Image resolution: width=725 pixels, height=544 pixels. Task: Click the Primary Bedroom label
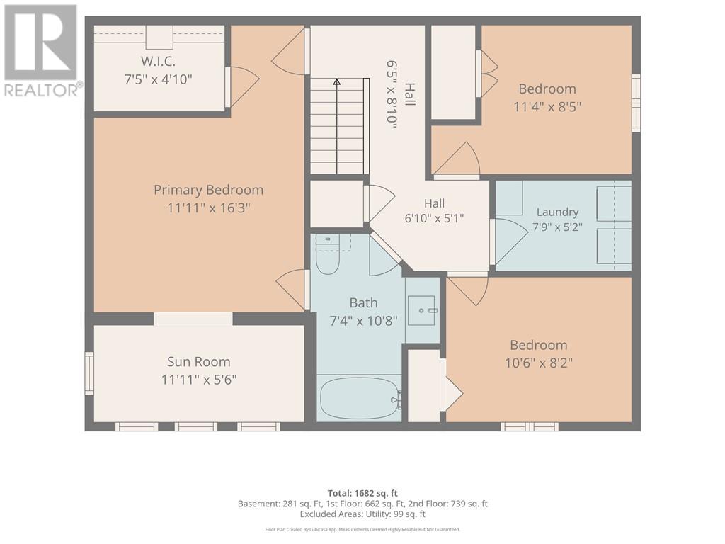click(x=209, y=190)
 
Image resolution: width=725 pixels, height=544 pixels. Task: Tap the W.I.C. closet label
click(x=158, y=61)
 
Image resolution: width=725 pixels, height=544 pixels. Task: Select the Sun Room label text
click(x=199, y=362)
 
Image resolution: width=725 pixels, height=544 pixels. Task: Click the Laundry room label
click(x=558, y=212)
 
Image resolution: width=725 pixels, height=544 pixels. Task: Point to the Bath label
click(x=363, y=303)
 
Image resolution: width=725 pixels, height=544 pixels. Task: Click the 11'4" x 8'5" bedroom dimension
click(x=547, y=107)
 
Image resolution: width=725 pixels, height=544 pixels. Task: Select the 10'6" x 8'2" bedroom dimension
click(x=539, y=363)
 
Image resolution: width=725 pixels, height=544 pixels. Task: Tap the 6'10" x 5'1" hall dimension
click(x=434, y=218)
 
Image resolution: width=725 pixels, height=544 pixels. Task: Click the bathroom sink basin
click(x=421, y=310)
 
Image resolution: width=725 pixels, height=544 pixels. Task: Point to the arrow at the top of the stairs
click(x=337, y=82)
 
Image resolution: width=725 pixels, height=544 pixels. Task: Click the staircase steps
click(x=339, y=126)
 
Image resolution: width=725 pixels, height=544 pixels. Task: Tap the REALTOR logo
click(x=40, y=50)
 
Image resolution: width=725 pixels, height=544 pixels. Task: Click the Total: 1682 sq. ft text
click(x=362, y=493)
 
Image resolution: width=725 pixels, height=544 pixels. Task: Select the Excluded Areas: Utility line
click(x=362, y=514)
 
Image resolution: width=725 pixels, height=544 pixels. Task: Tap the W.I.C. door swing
click(x=244, y=87)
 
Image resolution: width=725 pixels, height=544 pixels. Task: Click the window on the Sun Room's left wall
click(x=89, y=373)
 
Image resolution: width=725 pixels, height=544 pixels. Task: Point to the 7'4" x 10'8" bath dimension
click(x=363, y=321)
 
